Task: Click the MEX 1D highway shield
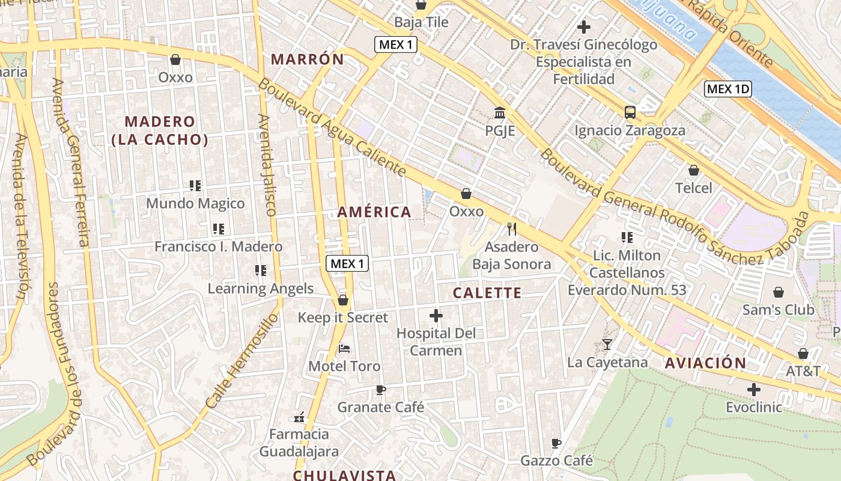pyautogui.click(x=728, y=90)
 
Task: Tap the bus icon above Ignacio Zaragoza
pyautogui.click(x=630, y=112)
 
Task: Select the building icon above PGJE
pyautogui.click(x=500, y=112)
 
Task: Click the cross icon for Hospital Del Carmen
pyautogui.click(x=436, y=315)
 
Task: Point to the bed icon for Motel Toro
pyautogui.click(x=344, y=348)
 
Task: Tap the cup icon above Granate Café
pyautogui.click(x=380, y=390)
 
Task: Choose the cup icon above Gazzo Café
pyautogui.click(x=556, y=443)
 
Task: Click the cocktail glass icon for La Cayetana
pyautogui.click(x=607, y=345)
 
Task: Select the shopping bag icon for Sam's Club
pyautogui.click(x=779, y=292)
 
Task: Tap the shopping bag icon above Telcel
pyautogui.click(x=694, y=170)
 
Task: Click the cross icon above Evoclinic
pyautogui.click(x=754, y=389)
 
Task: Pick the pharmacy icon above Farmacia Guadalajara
pyautogui.click(x=299, y=417)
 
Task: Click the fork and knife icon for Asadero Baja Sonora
pyautogui.click(x=512, y=229)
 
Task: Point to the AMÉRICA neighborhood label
pyautogui.click(x=374, y=212)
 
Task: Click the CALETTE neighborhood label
pyautogui.click(x=487, y=293)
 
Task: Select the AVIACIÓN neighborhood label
pyautogui.click(x=706, y=363)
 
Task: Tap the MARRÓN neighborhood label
pyautogui.click(x=308, y=59)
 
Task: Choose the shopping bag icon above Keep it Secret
pyautogui.click(x=343, y=299)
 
